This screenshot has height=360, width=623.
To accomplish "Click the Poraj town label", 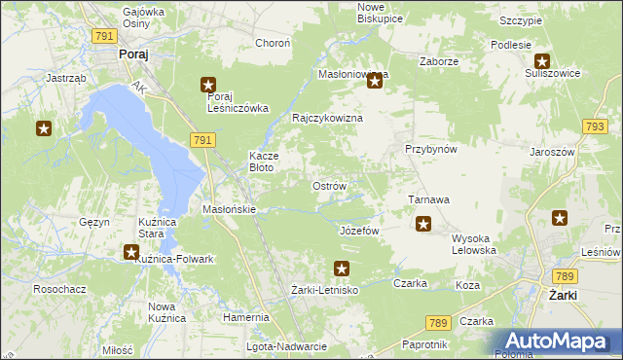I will (132, 55).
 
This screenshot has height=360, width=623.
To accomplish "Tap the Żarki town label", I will (564, 295).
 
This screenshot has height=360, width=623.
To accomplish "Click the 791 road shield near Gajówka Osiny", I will (105, 35).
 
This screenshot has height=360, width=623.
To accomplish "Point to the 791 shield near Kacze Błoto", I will (202, 141).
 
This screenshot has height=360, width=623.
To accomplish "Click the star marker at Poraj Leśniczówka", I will (208, 85).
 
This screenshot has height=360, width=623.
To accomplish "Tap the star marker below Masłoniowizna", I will (375, 83).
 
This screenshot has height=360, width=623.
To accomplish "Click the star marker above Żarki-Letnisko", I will (341, 268).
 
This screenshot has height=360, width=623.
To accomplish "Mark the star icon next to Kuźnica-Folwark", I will (131, 252).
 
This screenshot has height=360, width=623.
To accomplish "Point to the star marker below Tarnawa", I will (423, 225).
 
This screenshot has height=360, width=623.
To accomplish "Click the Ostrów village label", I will (328, 185).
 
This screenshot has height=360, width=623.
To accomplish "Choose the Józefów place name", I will (358, 231).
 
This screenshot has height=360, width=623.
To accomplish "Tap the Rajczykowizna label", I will (328, 118).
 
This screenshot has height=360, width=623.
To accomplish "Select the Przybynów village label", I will (431, 149).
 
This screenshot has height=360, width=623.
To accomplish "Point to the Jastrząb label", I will (67, 78).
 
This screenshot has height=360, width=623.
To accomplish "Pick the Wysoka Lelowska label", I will (475, 243).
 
